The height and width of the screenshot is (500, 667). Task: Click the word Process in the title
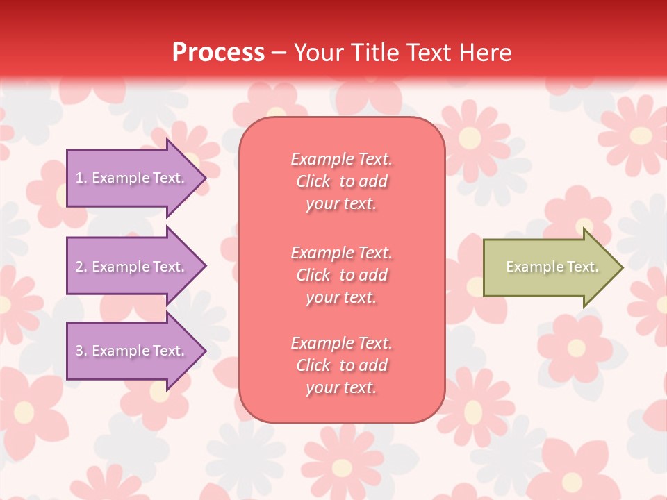click(x=218, y=53)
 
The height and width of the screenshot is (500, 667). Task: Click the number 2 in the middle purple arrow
click(x=79, y=267)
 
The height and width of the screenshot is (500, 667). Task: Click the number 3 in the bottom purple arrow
click(x=79, y=351)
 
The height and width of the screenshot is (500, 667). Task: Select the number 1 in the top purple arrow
click(x=79, y=178)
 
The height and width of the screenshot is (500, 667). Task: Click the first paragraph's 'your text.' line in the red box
click(x=341, y=204)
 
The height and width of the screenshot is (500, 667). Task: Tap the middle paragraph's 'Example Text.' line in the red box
click(x=341, y=252)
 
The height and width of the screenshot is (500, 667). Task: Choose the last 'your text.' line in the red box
click(x=341, y=388)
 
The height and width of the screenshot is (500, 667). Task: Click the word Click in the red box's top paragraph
click(x=313, y=182)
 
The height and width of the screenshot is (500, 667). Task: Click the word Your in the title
click(x=320, y=53)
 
